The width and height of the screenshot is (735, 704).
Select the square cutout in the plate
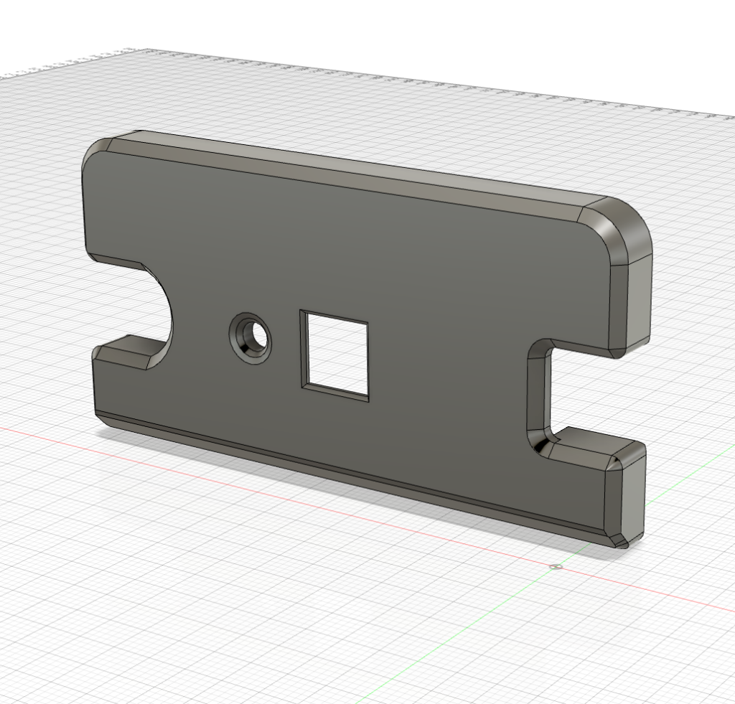335,355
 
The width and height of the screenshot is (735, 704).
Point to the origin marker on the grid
555,567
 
